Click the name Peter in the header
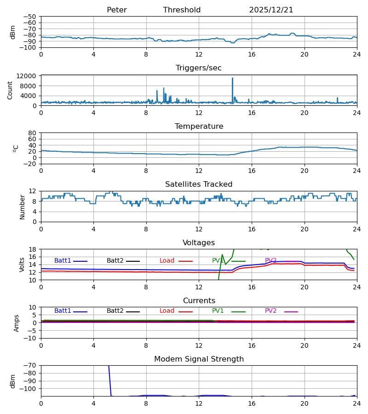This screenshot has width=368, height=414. pyautogui.click(x=116, y=10)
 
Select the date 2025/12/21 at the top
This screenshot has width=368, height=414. pyautogui.click(x=271, y=10)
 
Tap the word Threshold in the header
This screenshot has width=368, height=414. pyautogui.click(x=182, y=10)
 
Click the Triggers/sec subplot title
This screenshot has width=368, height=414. pyautogui.click(x=198, y=68)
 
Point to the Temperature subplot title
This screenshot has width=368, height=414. pyautogui.click(x=199, y=126)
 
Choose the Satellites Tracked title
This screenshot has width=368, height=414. pyautogui.click(x=199, y=184)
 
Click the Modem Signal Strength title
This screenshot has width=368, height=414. pyautogui.click(x=199, y=359)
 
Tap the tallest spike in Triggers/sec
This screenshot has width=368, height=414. pyautogui.click(x=232, y=79)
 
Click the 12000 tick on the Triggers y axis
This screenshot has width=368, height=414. pyautogui.click(x=29, y=76)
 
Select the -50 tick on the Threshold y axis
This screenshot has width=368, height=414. pyautogui.click(x=30, y=17)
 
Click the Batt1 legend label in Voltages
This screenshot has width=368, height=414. pyautogui.click(x=63, y=261)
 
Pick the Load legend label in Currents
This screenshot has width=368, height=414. pyautogui.click(x=167, y=311)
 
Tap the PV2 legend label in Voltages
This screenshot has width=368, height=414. pyautogui.click(x=271, y=261)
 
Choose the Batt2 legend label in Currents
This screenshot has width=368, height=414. pyautogui.click(x=115, y=311)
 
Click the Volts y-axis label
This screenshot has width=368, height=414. pyautogui.click(x=22, y=264)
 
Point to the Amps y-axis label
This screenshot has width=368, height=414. pyautogui.click(x=17, y=323)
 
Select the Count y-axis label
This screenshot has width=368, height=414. pyautogui.click(x=10, y=90)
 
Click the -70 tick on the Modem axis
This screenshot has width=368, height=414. pyautogui.click(x=30, y=366)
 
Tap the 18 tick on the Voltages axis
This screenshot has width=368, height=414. pyautogui.click(x=33, y=249)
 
